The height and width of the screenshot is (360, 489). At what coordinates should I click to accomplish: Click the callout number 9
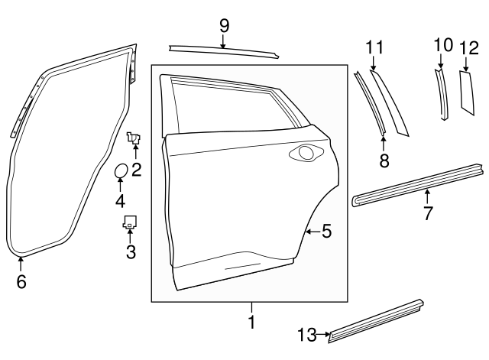224,25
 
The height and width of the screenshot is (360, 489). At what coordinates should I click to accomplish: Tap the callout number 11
373,47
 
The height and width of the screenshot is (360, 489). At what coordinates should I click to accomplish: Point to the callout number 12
468,47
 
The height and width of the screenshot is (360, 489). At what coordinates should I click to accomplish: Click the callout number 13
306,333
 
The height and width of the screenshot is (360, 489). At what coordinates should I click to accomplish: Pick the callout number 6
21,282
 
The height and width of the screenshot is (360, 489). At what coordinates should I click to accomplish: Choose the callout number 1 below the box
251,323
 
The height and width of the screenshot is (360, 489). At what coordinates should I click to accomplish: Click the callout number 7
428,213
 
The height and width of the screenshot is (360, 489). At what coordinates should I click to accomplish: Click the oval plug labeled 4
121,172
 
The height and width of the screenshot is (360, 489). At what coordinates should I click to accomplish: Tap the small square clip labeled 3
129,222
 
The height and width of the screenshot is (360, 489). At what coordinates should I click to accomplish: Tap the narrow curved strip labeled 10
442,94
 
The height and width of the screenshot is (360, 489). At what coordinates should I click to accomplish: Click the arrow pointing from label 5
311,231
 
